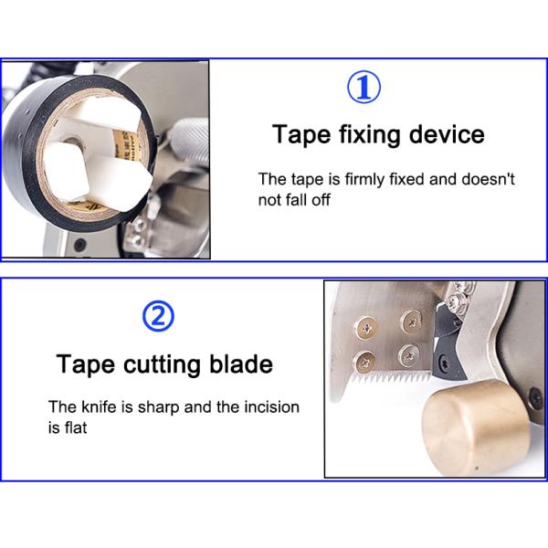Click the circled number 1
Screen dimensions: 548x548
(364, 88)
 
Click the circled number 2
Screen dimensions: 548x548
(157, 317)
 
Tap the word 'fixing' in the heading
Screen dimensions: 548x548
(362, 135)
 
